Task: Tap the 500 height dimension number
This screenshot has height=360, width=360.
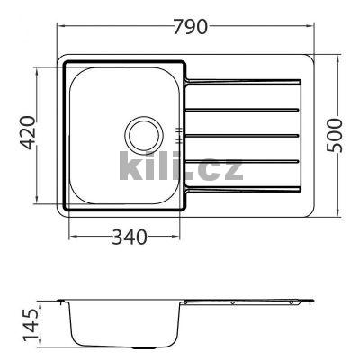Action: [335, 136]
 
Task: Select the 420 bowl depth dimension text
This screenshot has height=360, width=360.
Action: [29, 132]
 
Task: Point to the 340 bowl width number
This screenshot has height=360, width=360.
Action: [130, 237]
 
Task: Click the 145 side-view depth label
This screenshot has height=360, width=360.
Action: [31, 325]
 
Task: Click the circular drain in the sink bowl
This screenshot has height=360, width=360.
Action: [144, 134]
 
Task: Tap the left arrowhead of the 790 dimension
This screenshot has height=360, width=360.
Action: [60, 26]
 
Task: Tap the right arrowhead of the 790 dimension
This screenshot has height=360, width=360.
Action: [310, 26]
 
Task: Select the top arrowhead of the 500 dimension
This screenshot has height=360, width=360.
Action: [339, 58]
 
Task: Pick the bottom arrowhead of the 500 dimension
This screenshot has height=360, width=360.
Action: [339, 212]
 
